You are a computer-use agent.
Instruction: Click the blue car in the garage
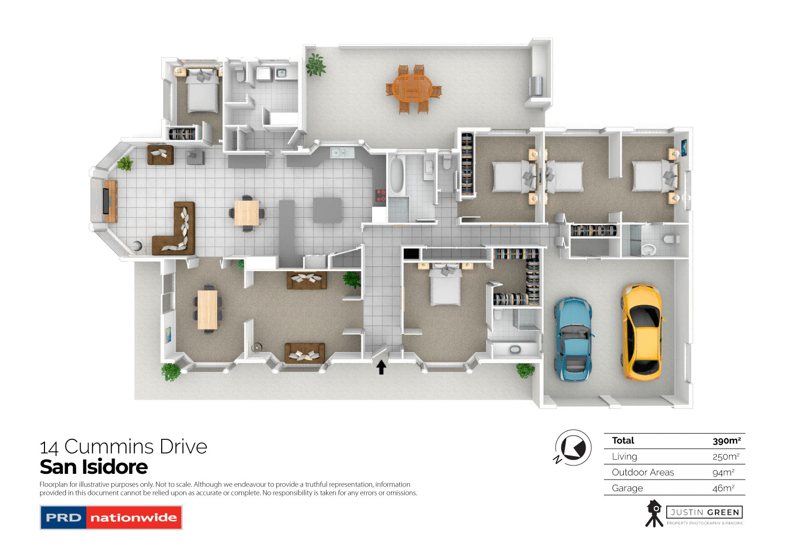click(574, 338)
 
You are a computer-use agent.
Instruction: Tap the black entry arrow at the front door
click(382, 367)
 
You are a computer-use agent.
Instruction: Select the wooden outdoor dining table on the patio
click(413, 89)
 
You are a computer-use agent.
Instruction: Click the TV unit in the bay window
click(109, 201)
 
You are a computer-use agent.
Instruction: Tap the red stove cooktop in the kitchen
click(380, 196)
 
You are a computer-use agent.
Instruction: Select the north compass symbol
click(573, 448)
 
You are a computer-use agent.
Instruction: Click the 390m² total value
click(726, 441)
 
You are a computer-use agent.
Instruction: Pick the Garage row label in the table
click(627, 488)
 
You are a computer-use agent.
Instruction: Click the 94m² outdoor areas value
click(723, 472)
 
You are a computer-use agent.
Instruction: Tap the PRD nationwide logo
click(111, 517)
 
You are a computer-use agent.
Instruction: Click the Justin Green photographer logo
click(694, 514)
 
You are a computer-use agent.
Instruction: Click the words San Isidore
click(94, 467)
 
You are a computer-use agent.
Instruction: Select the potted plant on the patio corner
click(316, 65)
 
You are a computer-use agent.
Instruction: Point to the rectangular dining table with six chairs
click(207, 309)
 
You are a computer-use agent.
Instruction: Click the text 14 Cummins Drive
click(124, 447)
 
